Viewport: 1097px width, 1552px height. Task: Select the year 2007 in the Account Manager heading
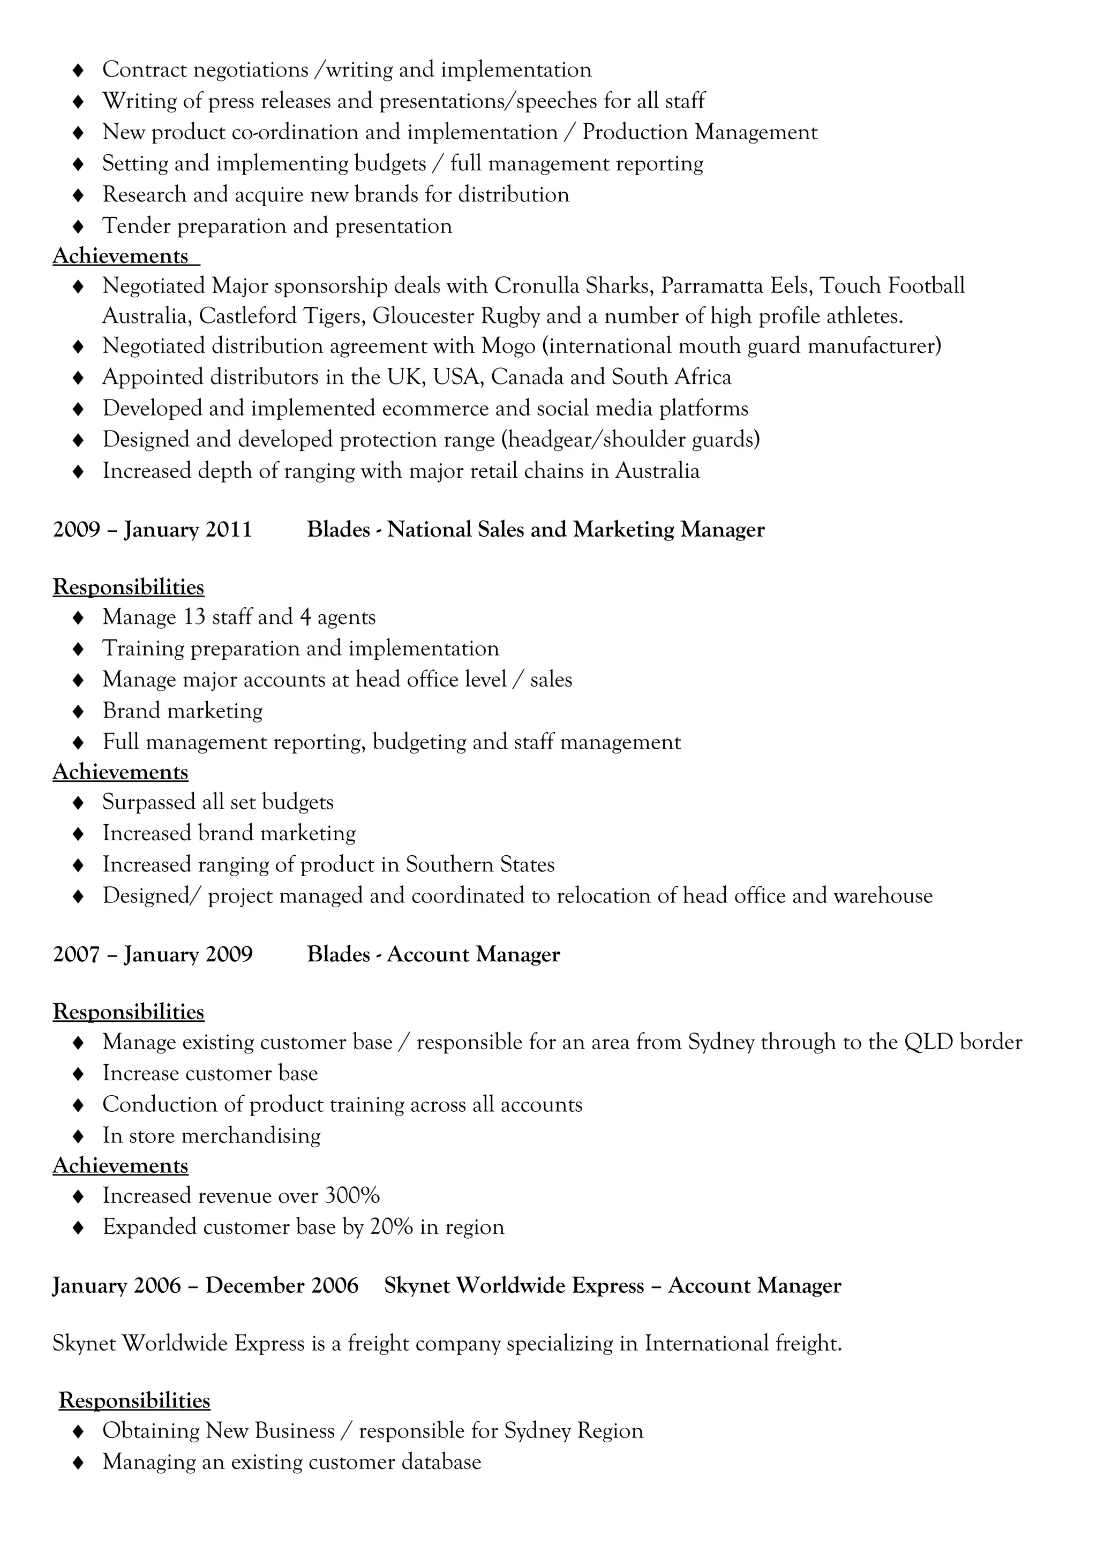click(77, 954)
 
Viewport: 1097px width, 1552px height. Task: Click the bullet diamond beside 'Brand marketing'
click(78, 711)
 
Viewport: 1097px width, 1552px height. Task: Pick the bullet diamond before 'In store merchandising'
click(78, 1135)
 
